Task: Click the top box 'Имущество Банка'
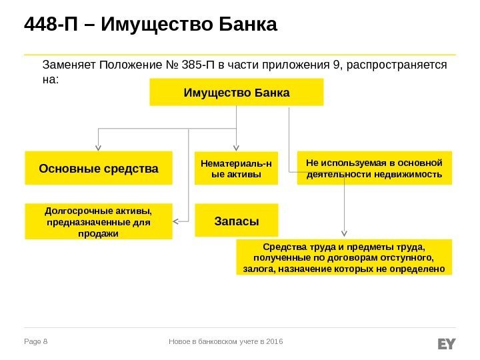point(237,92)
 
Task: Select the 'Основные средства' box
point(99,167)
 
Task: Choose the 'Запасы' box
point(236,221)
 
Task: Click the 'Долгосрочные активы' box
point(99,221)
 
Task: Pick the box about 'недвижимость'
point(374,167)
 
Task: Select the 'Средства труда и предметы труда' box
point(344,257)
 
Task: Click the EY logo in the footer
point(446,343)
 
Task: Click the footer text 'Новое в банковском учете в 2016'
point(227,342)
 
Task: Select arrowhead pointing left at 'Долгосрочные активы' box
point(177,221)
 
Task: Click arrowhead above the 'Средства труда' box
point(344,234)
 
